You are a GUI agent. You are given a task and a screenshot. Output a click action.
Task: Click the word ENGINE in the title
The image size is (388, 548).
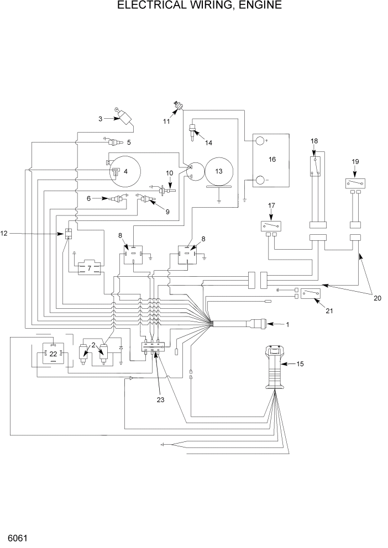point(256,6)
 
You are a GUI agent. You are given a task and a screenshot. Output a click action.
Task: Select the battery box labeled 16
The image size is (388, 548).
point(271,161)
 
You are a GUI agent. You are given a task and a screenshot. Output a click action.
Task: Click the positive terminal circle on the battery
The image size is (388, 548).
point(260,141)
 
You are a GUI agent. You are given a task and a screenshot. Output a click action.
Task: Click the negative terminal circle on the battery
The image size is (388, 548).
point(260,180)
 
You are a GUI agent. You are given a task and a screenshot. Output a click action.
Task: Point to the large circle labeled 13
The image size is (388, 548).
point(218,171)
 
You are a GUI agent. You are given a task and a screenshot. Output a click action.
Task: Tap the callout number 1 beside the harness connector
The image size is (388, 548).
point(287,325)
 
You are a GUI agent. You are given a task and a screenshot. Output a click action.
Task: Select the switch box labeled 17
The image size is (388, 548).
point(271,226)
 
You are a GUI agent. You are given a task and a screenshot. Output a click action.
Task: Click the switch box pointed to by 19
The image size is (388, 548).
point(355,183)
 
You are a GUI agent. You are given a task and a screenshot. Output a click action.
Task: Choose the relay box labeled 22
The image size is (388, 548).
point(53,353)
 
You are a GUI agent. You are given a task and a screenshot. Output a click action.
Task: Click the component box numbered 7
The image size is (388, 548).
point(89,268)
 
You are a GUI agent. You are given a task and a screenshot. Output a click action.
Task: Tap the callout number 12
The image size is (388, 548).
point(4,234)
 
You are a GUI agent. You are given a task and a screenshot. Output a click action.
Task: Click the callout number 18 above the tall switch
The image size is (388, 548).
point(314,141)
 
